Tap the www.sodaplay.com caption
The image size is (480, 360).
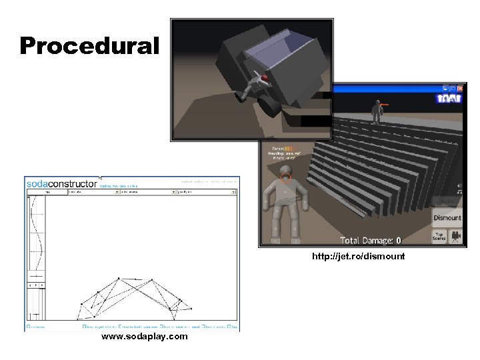[144, 337]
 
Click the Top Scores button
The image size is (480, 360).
[439, 236]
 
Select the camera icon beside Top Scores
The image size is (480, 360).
[457, 236]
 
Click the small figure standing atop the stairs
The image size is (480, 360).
[377, 111]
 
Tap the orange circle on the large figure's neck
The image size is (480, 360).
[286, 177]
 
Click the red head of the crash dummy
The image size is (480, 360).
[264, 78]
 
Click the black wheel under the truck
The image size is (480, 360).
[271, 105]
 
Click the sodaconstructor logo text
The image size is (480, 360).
[61, 182]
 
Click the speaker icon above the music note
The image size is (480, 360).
[459, 186]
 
